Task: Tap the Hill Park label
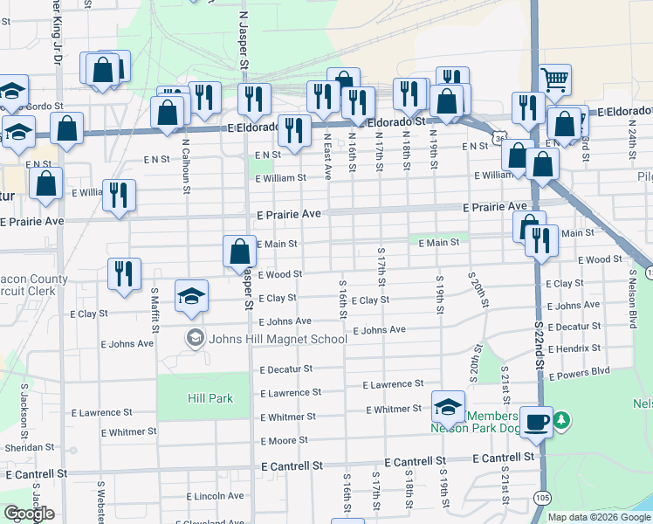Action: point(210,398)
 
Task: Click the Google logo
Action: point(29,514)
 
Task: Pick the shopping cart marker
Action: point(554,80)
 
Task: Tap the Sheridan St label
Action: point(31,447)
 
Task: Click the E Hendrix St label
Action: point(574,348)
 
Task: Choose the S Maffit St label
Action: point(155,310)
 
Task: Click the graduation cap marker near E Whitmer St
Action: point(448,405)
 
